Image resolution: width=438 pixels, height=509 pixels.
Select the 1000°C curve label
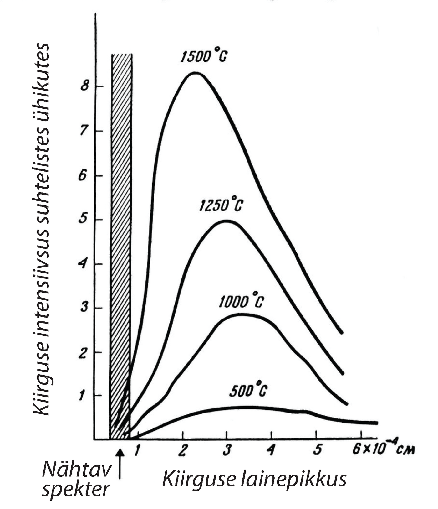point(241,301)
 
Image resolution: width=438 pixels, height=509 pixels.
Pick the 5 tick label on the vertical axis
point(82,219)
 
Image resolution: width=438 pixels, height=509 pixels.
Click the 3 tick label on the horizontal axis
point(227,450)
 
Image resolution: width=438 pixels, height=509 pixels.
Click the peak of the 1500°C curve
point(196,73)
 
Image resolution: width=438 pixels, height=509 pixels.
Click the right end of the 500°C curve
point(376,423)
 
